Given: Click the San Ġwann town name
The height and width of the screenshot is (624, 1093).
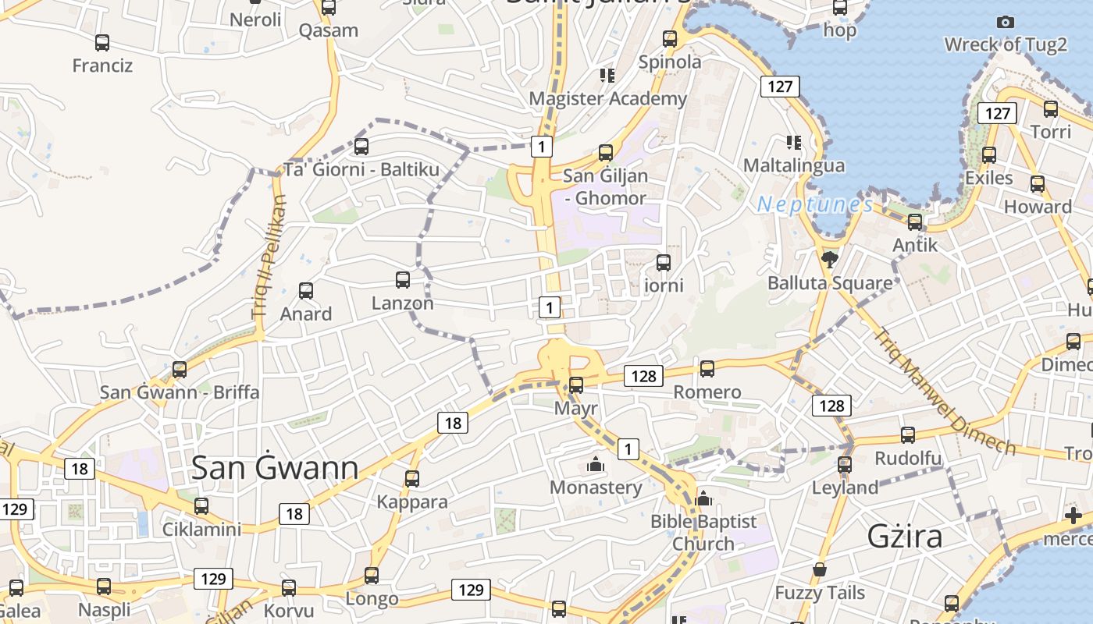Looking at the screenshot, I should pos(275,468).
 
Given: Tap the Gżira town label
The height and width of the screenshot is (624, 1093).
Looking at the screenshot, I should pos(905,537).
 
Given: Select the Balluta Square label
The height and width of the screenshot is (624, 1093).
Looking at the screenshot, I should pos(830,282).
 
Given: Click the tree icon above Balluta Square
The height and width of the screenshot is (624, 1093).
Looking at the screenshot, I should pos(830,259).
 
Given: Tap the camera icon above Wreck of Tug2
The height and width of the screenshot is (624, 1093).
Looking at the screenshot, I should pos(1006,23).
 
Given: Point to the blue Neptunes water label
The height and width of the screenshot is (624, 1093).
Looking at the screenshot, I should pos(815,204).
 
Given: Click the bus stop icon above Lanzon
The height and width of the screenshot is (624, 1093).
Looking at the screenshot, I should pos(403,280).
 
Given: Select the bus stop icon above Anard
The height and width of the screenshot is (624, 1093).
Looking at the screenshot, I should pos(306,291).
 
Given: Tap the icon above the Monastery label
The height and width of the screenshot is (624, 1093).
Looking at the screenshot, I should pos(596,465).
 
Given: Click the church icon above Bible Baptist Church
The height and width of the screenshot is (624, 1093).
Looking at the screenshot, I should pos(703,498).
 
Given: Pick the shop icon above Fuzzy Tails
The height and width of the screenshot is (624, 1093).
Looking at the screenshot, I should pos(820,570).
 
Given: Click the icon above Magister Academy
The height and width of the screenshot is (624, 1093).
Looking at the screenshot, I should pos(607,76).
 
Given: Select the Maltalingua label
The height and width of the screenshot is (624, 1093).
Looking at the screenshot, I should pos(793,165).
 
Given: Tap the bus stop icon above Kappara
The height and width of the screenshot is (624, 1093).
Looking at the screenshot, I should pos(411,478).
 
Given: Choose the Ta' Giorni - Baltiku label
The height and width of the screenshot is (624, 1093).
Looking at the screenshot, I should pos(361,169).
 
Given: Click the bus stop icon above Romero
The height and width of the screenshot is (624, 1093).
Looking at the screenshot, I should pos(707,369).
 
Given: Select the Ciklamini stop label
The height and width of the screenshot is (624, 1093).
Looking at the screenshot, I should pos(201,529).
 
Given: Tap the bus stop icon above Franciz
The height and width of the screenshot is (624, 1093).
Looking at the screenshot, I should pos(102,42).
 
